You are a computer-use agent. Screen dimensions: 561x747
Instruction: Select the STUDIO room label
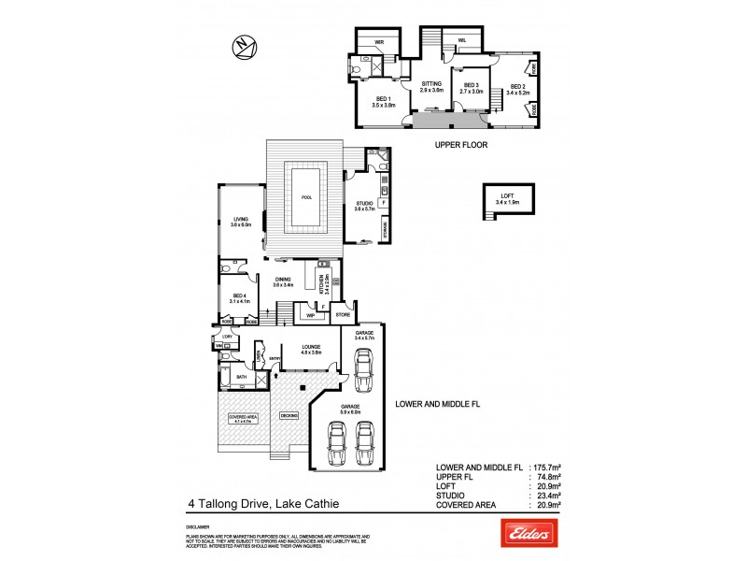pos(363,205)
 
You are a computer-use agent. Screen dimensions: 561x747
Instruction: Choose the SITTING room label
pos(430,86)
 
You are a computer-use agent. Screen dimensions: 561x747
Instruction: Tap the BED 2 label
pos(517,90)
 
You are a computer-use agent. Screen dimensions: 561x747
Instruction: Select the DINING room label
pos(283,280)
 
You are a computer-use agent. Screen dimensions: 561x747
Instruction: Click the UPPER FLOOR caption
pos(460,146)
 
